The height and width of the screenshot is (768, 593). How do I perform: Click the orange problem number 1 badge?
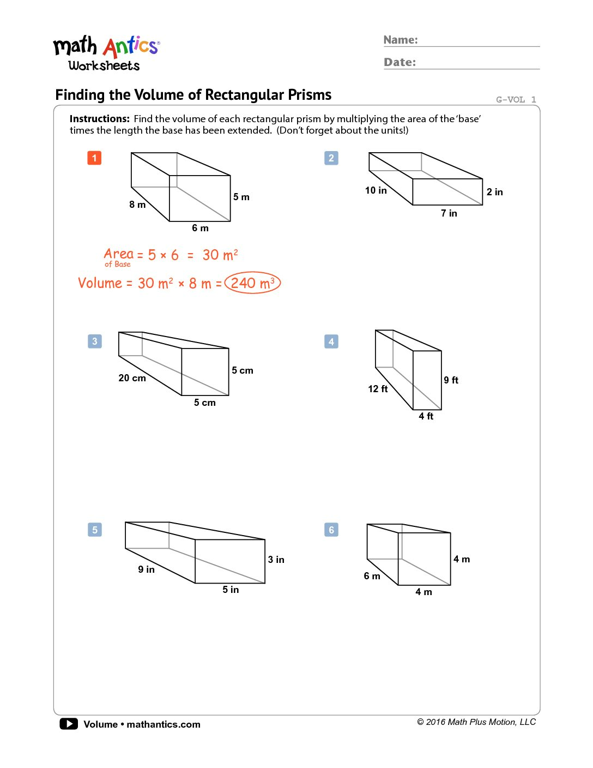(94, 158)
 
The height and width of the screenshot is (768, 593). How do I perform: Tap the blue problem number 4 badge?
(331, 342)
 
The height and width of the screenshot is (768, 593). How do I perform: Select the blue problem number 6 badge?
(331, 530)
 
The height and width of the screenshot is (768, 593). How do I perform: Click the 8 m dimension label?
(137, 205)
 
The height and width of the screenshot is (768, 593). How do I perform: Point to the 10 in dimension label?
(376, 190)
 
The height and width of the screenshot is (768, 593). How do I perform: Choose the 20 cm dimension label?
(132, 378)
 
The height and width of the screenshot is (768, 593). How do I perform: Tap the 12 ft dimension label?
(378, 389)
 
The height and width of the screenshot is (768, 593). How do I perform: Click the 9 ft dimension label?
(451, 380)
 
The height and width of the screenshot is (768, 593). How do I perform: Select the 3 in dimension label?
(276, 560)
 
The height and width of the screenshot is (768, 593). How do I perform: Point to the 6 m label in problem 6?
(372, 576)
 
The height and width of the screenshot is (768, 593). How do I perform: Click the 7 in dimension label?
(449, 213)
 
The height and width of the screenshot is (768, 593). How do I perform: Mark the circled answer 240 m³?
(252, 283)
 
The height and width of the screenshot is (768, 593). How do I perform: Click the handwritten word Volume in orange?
(100, 283)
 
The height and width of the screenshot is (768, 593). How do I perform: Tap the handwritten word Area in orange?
(118, 254)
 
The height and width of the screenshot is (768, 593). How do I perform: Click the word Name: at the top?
(401, 40)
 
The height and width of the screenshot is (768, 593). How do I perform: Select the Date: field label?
(400, 62)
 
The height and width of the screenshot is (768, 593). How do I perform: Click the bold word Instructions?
(99, 119)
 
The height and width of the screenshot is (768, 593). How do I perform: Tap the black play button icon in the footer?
(69, 724)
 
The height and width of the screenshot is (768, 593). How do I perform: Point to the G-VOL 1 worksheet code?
(516, 99)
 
